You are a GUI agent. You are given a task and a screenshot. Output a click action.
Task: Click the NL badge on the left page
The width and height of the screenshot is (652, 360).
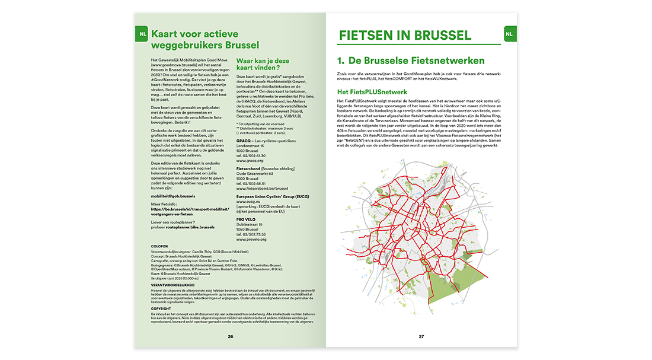[142, 34]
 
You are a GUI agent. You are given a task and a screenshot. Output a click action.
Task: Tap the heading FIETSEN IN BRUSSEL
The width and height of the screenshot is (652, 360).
[405, 36]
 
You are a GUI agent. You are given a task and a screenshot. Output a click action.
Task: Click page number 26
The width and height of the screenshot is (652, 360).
[230, 337]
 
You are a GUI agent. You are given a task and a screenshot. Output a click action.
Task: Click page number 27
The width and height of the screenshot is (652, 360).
[421, 337]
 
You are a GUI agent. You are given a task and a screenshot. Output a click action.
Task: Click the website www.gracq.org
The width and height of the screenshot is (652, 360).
[250, 160]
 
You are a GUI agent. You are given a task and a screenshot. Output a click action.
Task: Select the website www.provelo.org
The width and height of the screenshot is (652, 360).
[252, 240]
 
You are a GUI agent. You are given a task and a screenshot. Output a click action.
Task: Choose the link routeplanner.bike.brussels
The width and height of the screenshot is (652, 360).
[199, 227]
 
